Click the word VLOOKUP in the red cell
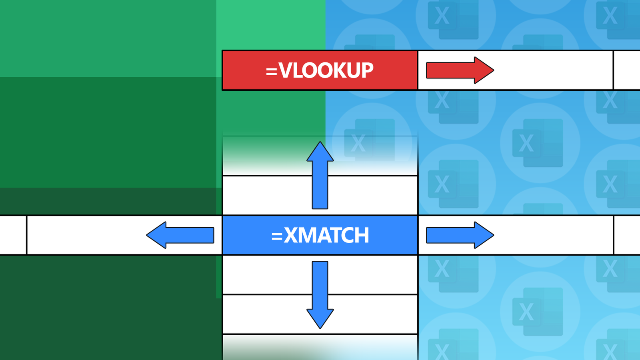[326, 71]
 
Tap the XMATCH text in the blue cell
[326, 236]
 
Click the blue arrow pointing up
[320, 176]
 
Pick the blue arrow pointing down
[320, 294]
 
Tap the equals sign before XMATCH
[277, 236]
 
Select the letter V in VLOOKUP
[286, 71]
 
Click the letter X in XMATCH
[292, 236]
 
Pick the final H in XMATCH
[362, 236]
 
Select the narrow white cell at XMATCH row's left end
[13, 235]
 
